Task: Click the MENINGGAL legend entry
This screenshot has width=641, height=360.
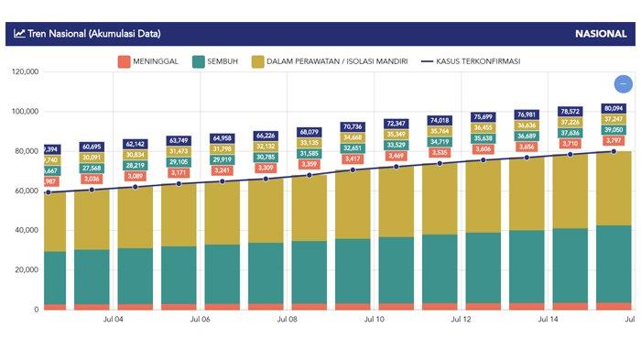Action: pyautogui.click(x=151, y=61)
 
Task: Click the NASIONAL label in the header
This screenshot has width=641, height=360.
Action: pyautogui.click(x=601, y=34)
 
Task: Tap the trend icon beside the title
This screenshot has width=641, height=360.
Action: pyautogui.click(x=19, y=34)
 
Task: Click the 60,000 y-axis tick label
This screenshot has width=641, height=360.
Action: pyautogui.click(x=22, y=191)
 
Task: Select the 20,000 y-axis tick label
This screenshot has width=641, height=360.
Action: pyautogui.click(x=22, y=269)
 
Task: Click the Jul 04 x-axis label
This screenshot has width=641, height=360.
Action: pyautogui.click(x=114, y=321)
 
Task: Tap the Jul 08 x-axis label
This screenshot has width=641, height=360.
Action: pyautogui.click(x=287, y=321)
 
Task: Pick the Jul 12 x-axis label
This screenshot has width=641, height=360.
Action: pyautogui.click(x=461, y=321)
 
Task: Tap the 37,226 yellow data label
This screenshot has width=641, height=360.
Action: pyautogui.click(x=570, y=122)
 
